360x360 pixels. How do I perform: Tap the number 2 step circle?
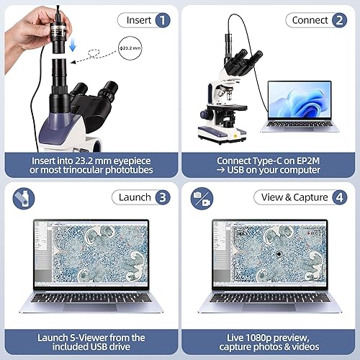(x=339, y=21)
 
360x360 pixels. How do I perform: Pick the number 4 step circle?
(x=339, y=197)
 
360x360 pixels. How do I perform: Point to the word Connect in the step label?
(x=310, y=21)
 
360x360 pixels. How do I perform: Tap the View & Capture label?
(x=294, y=197)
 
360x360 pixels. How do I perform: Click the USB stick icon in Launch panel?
(x=22, y=197)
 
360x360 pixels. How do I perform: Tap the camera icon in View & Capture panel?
(x=199, y=197)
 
